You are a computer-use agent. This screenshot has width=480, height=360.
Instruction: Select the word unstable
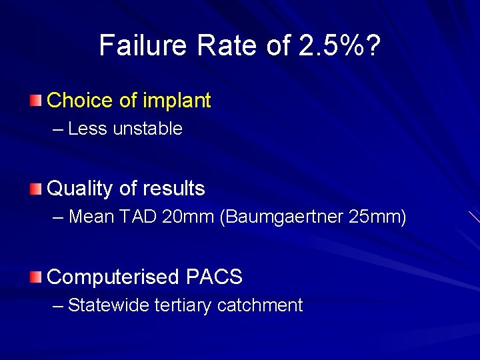pos(147,129)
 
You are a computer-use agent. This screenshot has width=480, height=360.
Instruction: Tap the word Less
pos(87,129)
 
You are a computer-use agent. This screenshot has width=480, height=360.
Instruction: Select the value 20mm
pos(191,217)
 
